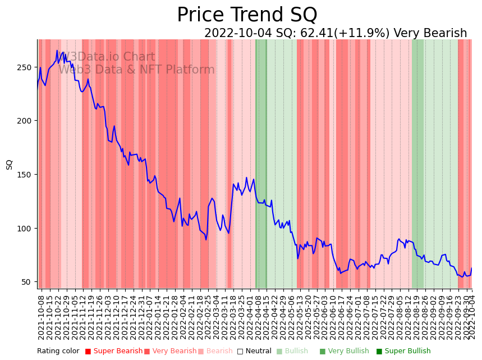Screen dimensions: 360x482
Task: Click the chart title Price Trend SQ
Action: pos(247,15)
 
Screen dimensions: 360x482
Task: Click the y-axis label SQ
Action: pos(10,165)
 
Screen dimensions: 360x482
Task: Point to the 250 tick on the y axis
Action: pos(25,67)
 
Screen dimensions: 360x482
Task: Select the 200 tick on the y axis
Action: pos(25,121)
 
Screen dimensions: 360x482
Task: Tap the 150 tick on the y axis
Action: pos(25,175)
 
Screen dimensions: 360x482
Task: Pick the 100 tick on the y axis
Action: pos(25,229)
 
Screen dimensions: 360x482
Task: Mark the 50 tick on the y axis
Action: pos(27,282)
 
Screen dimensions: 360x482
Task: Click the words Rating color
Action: pos(58,352)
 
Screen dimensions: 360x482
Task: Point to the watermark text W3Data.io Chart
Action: pos(107,57)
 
